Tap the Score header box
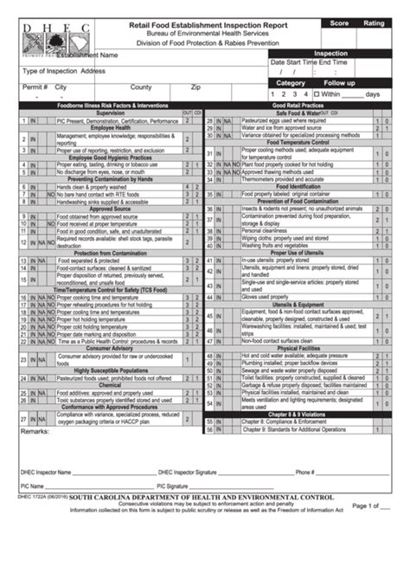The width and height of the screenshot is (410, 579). coord(339,23)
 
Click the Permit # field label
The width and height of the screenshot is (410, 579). coord(34,87)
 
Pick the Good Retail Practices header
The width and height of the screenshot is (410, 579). coord(298,105)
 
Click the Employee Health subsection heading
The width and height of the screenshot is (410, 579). coord(110,128)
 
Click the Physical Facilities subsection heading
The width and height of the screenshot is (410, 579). coord(298,349)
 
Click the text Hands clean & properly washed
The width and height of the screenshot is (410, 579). coord(94,186)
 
